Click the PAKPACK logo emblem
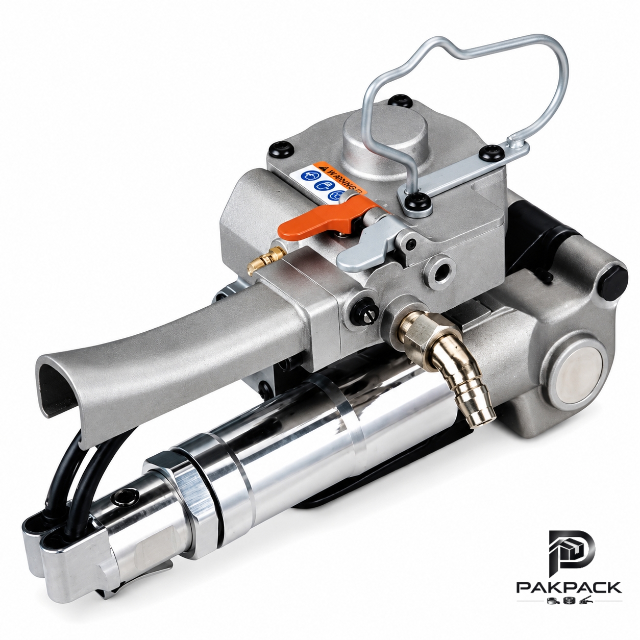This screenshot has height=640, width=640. [x=568, y=551]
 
